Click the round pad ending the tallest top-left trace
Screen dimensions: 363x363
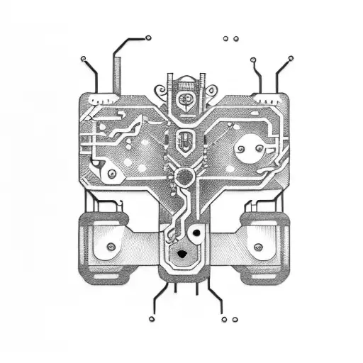click(147, 38)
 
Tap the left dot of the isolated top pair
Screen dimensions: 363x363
click(226, 38)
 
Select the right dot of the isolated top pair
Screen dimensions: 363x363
click(236, 38)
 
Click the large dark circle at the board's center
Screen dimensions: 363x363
click(185, 176)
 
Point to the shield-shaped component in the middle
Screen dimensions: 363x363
click(184, 140)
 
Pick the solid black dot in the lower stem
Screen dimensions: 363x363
click(194, 233)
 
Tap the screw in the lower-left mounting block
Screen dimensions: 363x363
click(111, 247)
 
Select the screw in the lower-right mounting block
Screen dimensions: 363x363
click(258, 247)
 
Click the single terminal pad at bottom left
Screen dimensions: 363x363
click(151, 319)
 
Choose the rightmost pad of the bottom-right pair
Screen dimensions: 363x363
click(234, 320)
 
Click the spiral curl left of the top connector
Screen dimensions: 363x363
click(160, 90)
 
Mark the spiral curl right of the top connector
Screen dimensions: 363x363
click(211, 90)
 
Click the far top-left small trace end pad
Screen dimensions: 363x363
click(83, 57)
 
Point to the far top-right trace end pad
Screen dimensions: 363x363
click(289, 57)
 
